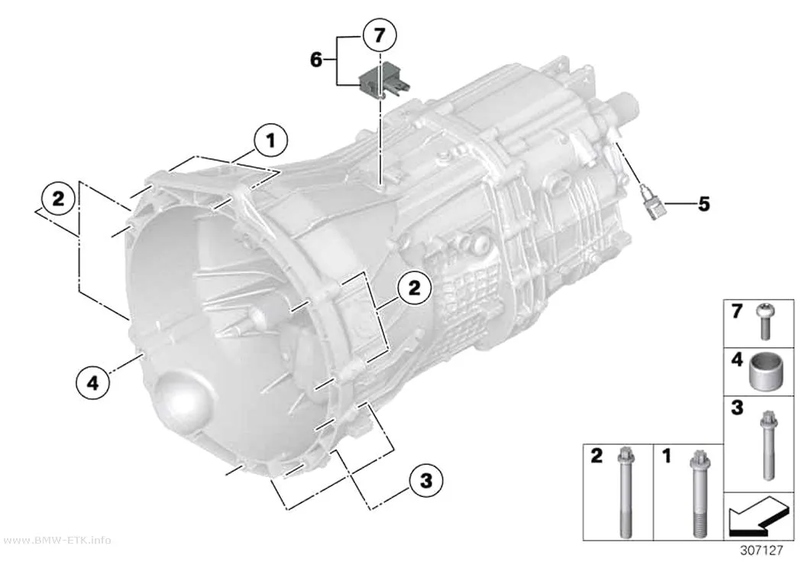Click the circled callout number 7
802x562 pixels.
pos(380,36)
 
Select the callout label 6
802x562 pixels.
pos(316,60)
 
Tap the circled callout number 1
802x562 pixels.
pos(270,140)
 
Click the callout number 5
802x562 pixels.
pos(703,204)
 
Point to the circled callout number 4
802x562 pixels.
pos(92,382)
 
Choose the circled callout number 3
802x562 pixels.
pos(425,481)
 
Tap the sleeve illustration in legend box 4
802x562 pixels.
pos(765,372)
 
